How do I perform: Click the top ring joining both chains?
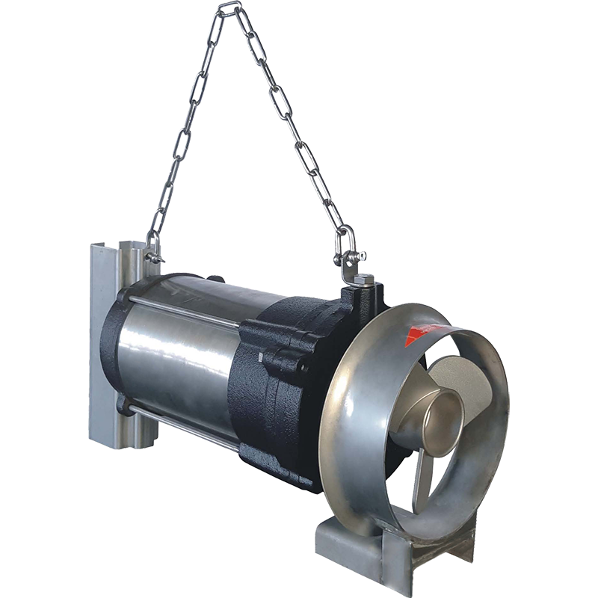229,8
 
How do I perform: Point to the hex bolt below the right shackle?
362,280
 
